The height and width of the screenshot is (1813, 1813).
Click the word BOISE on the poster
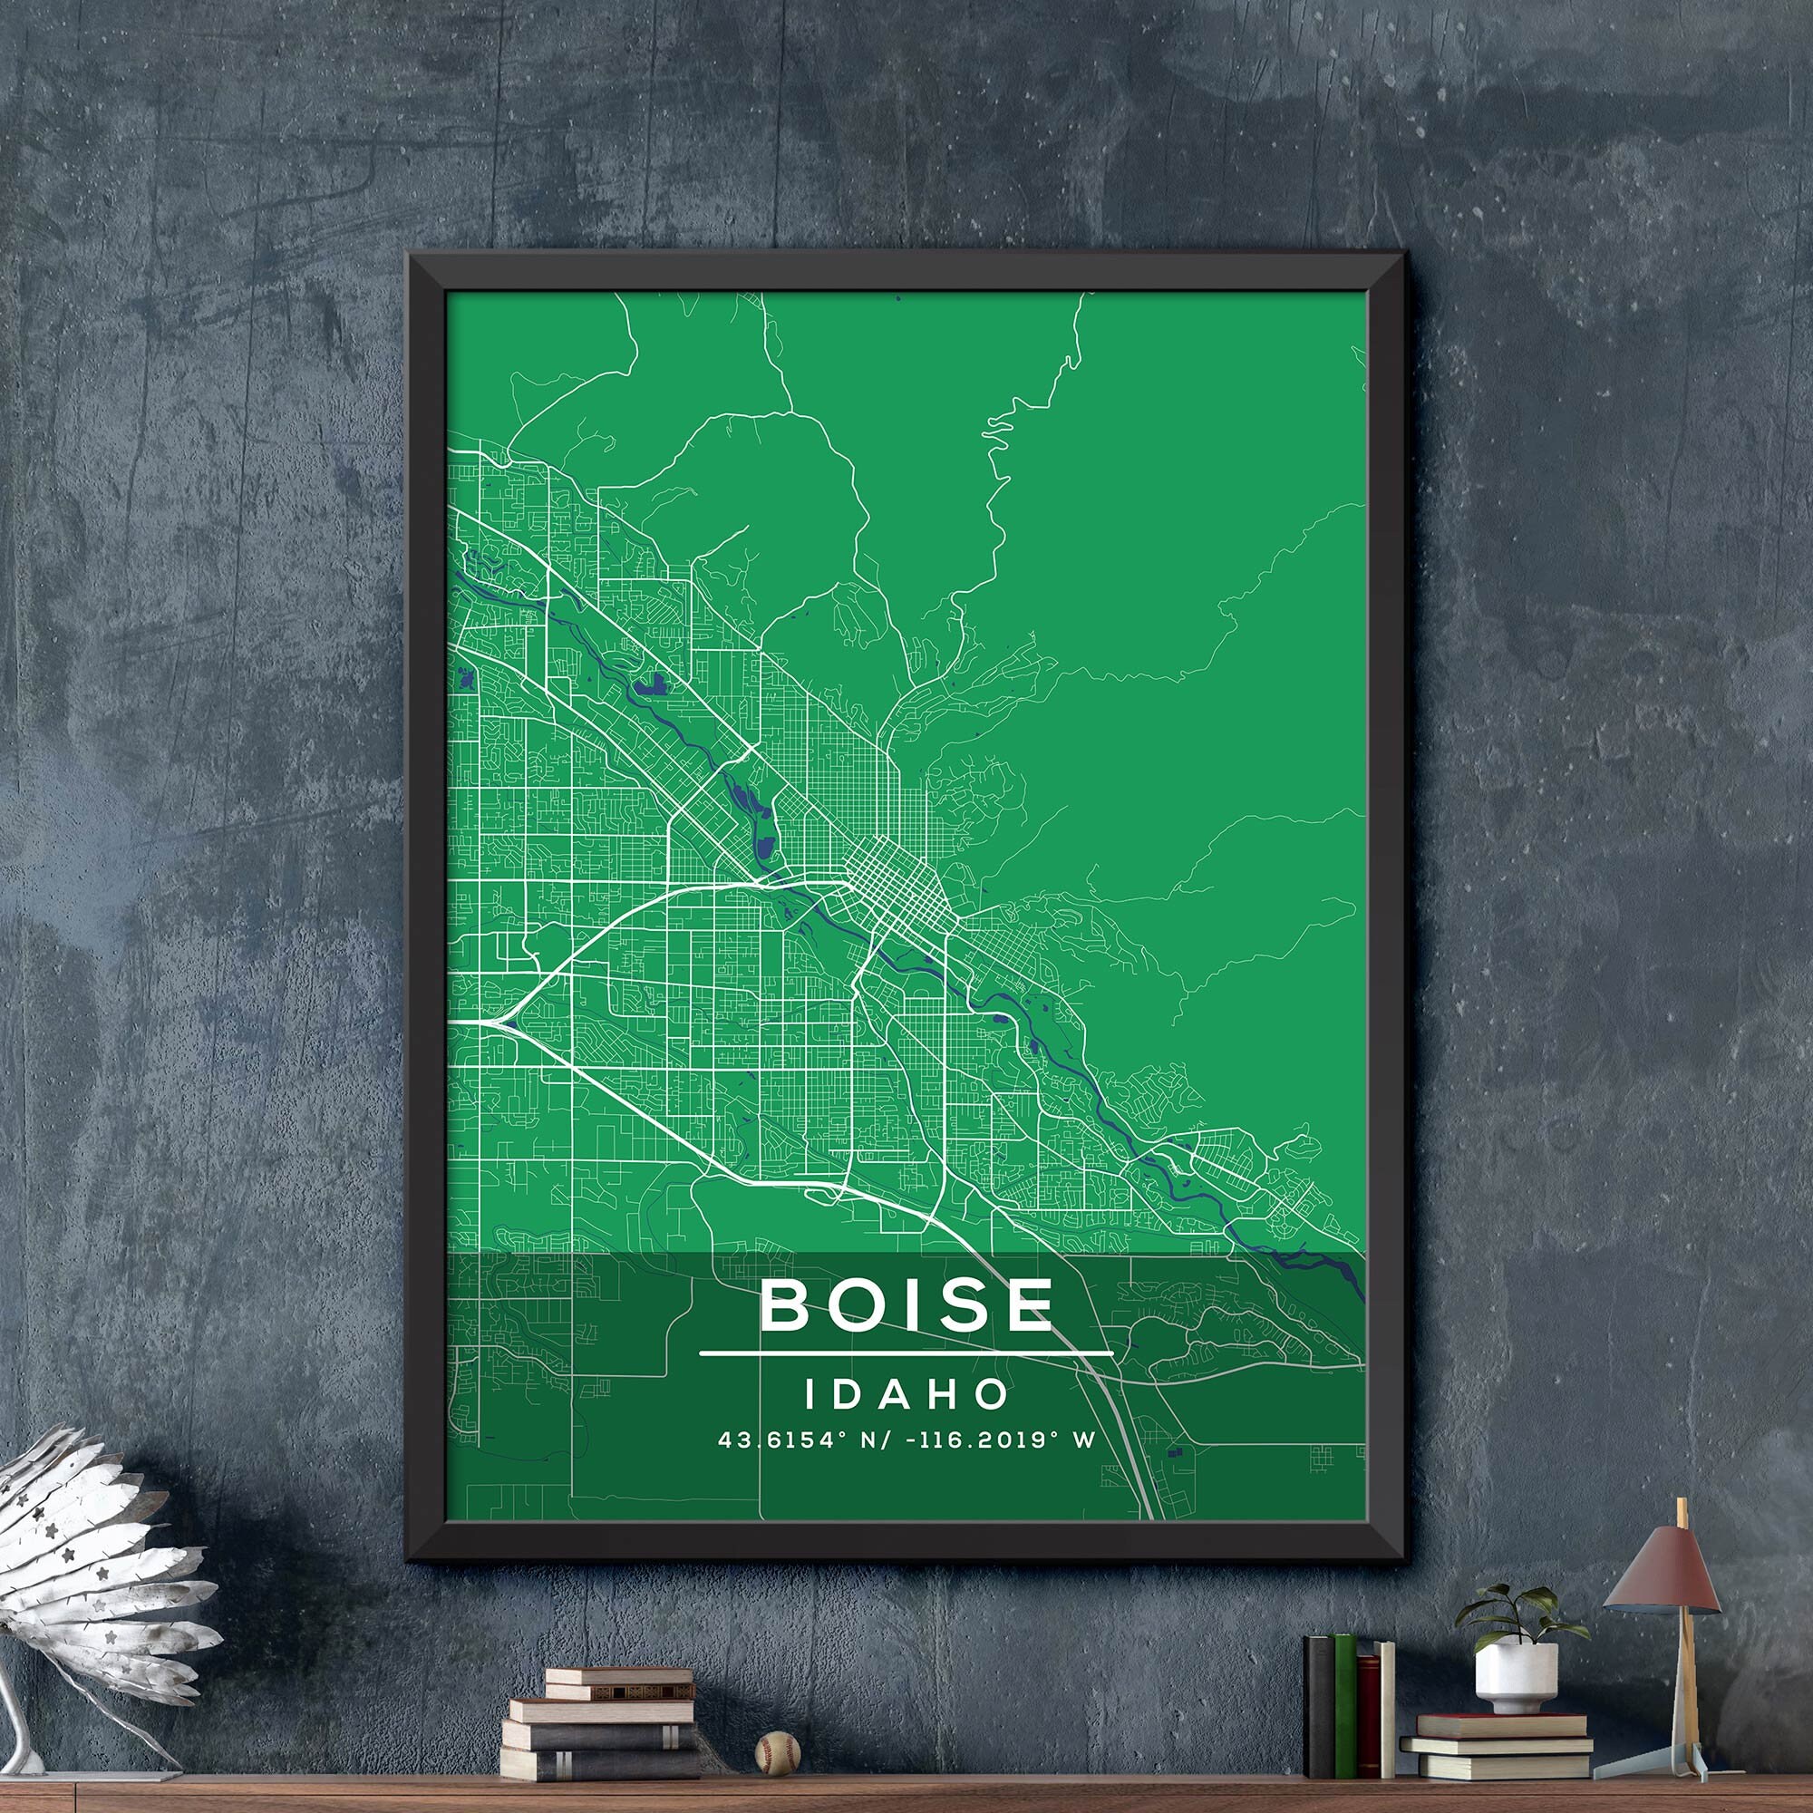pyautogui.click(x=906, y=1304)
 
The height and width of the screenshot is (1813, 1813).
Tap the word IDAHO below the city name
pyautogui.click(x=906, y=1393)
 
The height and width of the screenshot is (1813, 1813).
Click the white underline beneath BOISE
pyautogui.click(x=906, y=1354)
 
